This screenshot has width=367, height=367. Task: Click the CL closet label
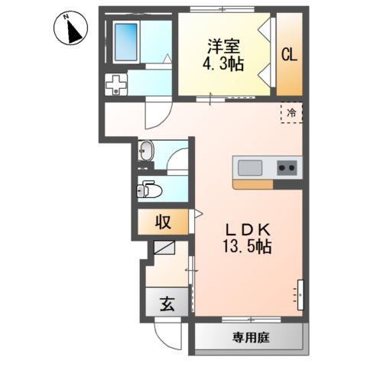[x=289, y=55]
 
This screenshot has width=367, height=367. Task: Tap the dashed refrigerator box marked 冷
[x=291, y=112]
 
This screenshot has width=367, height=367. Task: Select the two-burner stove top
[x=287, y=167]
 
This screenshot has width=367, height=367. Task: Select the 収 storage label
[x=164, y=223]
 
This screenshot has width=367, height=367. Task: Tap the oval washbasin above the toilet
[x=147, y=152]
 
